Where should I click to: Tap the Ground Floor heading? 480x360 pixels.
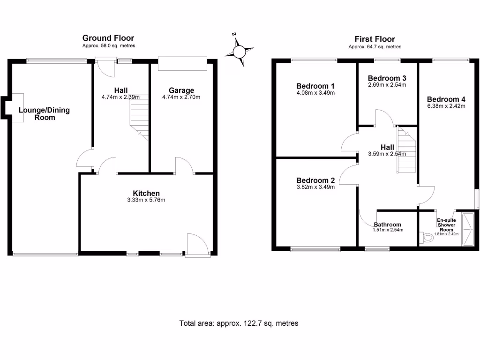108,38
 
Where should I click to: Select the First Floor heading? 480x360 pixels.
375,39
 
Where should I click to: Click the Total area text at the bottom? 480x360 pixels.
239,323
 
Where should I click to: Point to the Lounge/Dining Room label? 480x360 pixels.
44,114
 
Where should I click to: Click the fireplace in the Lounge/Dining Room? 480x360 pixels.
15,108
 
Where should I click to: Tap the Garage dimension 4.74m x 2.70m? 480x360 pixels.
181,97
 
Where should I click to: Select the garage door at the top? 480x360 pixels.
182,64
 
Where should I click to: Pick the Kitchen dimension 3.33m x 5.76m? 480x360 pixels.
146,200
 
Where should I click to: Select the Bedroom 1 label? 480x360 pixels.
315,86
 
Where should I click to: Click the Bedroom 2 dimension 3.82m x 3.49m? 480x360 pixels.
315,187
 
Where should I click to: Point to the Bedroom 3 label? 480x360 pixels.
387,78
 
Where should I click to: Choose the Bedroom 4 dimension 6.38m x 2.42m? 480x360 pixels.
446,106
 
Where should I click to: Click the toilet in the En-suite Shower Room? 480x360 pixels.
427,238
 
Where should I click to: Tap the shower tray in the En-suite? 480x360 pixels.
468,229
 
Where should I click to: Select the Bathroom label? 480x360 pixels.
388,225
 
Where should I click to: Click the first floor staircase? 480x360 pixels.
406,150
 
